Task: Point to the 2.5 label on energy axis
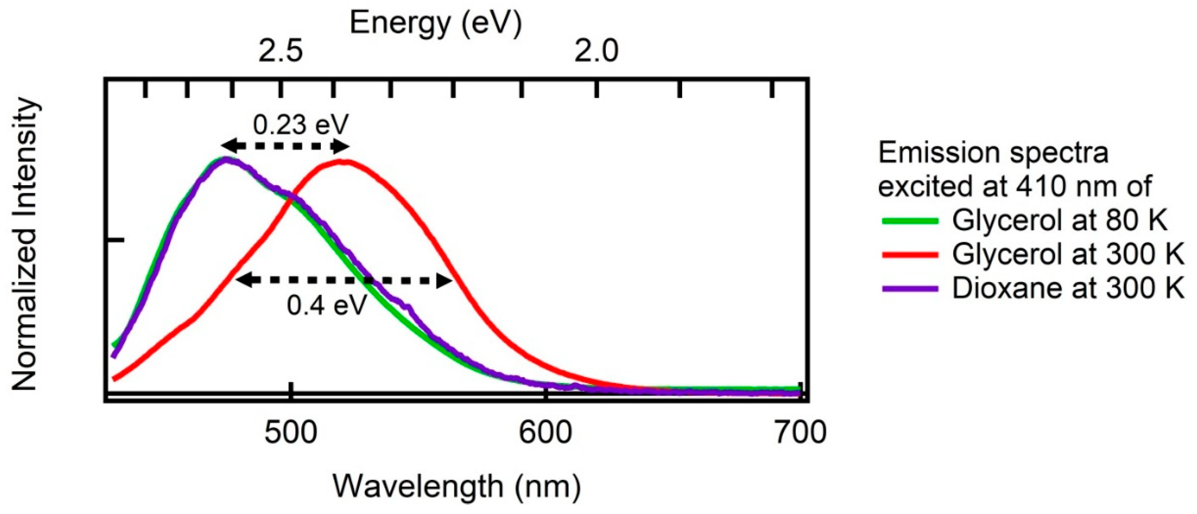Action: (281, 51)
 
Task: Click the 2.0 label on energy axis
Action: (596, 51)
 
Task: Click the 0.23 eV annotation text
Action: (301, 125)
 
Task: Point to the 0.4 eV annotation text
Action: (327, 305)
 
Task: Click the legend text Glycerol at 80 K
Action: (1059, 220)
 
